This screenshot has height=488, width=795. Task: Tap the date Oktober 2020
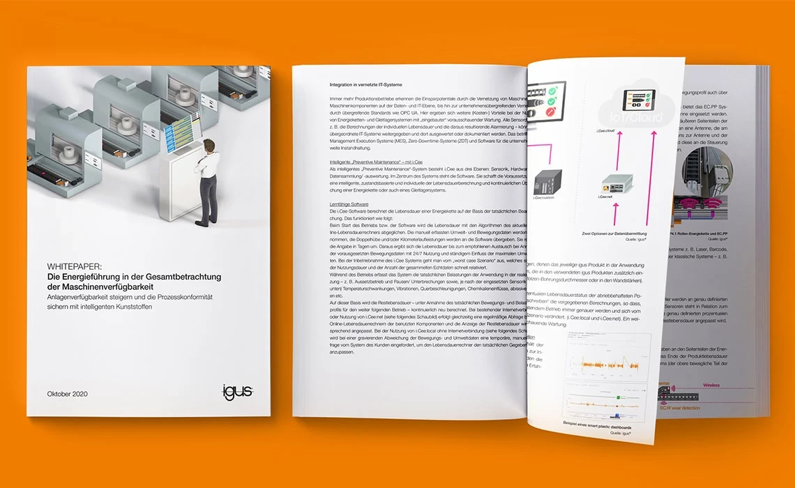(x=68, y=393)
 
